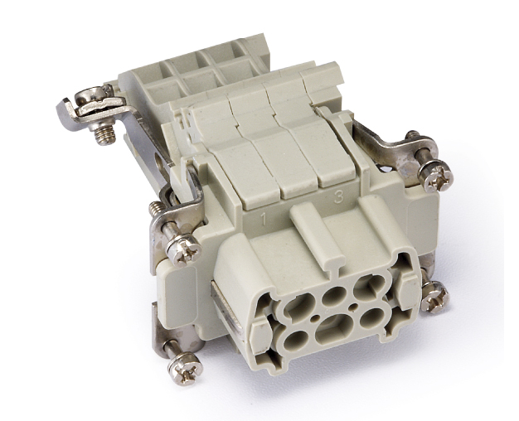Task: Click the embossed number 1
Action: click(x=264, y=220)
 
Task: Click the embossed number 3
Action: click(x=338, y=197)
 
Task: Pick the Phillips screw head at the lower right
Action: click(x=435, y=298)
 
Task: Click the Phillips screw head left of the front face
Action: click(x=183, y=249)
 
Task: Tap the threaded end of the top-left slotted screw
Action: click(x=104, y=135)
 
